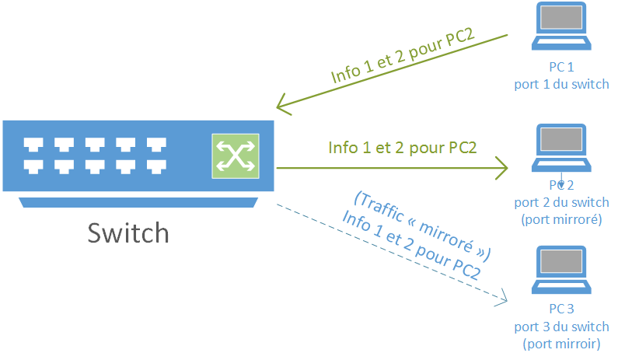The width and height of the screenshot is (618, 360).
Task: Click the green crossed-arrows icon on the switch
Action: [233, 156]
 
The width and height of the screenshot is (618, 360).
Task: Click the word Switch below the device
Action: [128, 232]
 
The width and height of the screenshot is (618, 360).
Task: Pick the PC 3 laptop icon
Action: [560, 270]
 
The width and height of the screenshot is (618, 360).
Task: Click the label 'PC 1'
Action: [560, 68]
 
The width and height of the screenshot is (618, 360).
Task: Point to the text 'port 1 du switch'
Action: [560, 84]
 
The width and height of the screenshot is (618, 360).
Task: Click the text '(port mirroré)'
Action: [560, 219]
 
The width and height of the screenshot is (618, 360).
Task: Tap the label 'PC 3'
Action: [560, 310]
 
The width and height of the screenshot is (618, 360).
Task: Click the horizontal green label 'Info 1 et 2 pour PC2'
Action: [402, 148]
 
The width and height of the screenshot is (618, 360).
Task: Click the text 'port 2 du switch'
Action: [560, 203]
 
